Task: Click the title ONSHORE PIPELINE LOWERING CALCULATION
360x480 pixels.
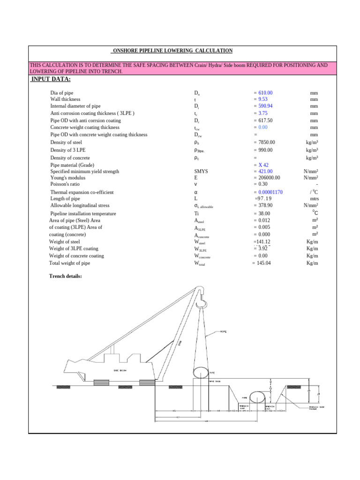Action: [x=172, y=51]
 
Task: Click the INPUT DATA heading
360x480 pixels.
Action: [x=51, y=78]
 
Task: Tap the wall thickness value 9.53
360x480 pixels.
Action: [x=262, y=99]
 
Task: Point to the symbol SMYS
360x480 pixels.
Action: [x=201, y=172]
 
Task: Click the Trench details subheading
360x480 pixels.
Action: [x=66, y=276]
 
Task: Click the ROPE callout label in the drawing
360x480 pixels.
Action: [x=223, y=332]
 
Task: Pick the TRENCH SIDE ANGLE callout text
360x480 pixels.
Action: [x=313, y=408]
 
